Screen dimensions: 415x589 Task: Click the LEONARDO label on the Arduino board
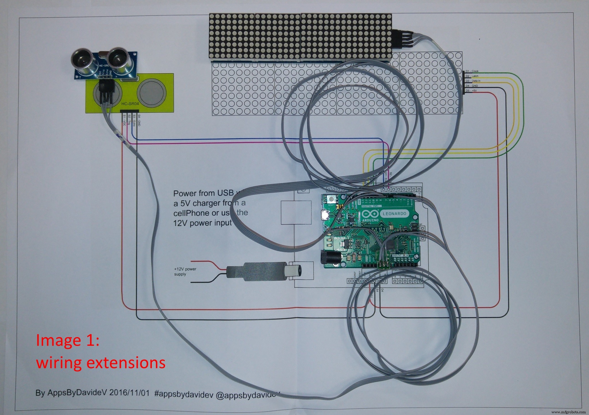[x=394, y=213]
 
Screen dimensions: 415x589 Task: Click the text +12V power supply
[x=185, y=271]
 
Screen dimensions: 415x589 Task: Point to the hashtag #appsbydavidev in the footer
[x=183, y=393]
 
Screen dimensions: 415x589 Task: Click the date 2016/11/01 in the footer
[x=129, y=393]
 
